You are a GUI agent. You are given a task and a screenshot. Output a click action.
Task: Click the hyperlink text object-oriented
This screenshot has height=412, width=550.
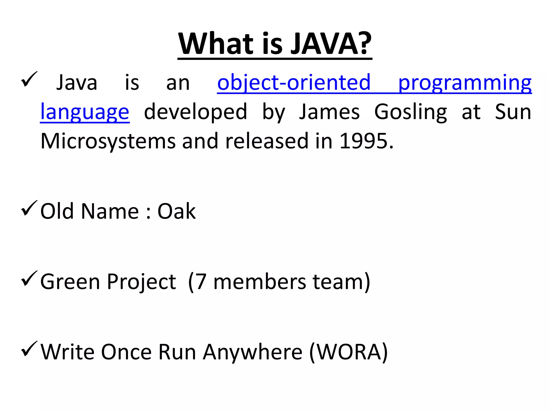click(294, 82)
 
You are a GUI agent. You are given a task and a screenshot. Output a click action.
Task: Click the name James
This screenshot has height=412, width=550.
click(329, 112)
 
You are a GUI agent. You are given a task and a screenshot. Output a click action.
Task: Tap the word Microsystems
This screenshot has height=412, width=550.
click(108, 141)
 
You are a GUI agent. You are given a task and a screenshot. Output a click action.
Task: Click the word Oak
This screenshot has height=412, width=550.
click(176, 211)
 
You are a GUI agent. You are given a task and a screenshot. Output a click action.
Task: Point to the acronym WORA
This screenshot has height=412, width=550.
click(349, 352)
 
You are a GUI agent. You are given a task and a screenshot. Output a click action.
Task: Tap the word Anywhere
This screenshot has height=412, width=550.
click(252, 352)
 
